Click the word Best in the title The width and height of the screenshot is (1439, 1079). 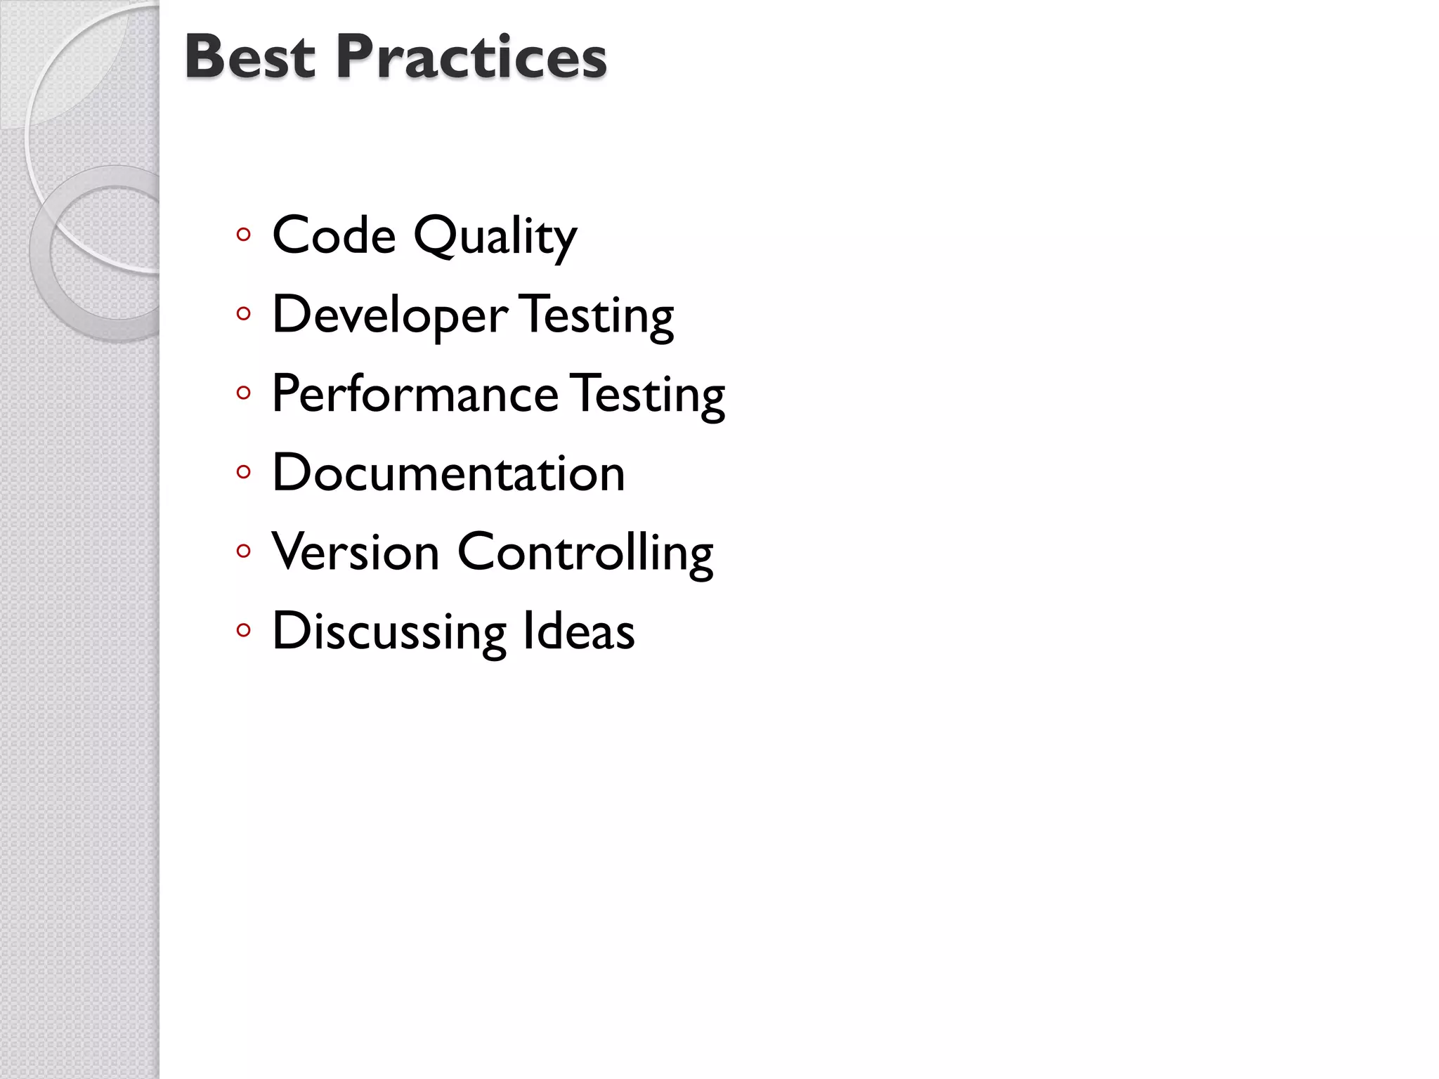pyautogui.click(x=249, y=58)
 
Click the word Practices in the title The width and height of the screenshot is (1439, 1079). pyautogui.click(x=471, y=58)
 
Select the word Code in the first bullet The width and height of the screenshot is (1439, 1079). pyautogui.click(x=334, y=235)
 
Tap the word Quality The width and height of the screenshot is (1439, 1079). pyautogui.click(x=495, y=237)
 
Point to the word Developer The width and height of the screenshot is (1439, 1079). pyautogui.click(x=390, y=316)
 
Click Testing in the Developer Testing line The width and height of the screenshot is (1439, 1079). pyautogui.click(x=597, y=316)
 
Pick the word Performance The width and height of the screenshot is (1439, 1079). pyautogui.click(x=415, y=394)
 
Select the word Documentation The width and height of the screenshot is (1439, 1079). pyautogui.click(x=448, y=473)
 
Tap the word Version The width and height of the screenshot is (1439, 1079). pyautogui.click(x=356, y=551)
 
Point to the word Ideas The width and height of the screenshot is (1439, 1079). pyautogui.click(x=578, y=631)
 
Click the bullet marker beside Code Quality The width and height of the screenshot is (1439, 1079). pyautogui.click(x=244, y=235)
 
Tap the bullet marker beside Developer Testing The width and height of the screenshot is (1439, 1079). pyautogui.click(x=244, y=314)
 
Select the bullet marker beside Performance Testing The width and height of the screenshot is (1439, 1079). pyautogui.click(x=244, y=393)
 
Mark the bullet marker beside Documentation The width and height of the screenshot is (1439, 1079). pyautogui.click(x=244, y=472)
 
